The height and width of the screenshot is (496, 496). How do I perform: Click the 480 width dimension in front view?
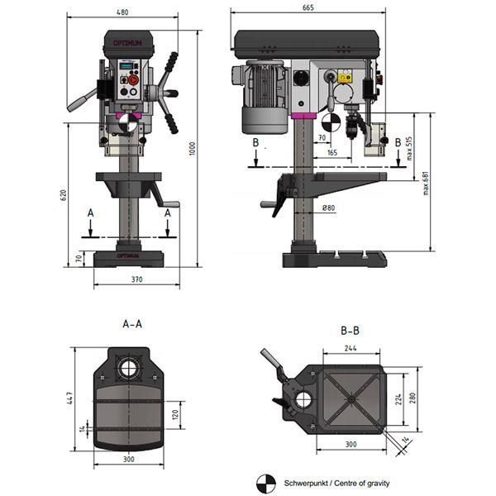point(123,12)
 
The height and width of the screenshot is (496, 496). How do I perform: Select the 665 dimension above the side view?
point(308,7)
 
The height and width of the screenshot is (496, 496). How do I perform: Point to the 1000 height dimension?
point(193,150)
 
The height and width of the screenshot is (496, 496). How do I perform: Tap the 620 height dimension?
point(64,196)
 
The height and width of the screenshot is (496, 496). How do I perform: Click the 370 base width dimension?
point(137,280)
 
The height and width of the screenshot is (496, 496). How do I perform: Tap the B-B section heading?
point(350,330)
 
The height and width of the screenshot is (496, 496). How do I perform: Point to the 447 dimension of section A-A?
point(70,399)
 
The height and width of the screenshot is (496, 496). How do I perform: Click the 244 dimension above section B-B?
point(350,349)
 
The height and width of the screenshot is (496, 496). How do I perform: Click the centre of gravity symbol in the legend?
point(266,483)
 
